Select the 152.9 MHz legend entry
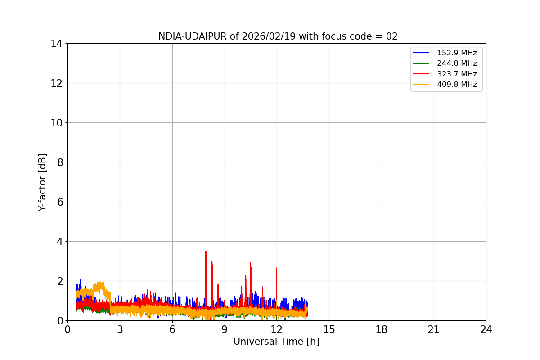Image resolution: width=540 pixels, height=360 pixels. tap(457, 53)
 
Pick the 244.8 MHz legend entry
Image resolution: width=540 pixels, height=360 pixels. tap(457, 63)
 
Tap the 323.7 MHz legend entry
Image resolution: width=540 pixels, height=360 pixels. tap(457, 74)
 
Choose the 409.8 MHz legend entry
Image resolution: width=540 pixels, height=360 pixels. tap(457, 84)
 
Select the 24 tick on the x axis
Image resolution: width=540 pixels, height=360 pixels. tap(486, 329)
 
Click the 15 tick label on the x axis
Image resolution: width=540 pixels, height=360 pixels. tap(329, 329)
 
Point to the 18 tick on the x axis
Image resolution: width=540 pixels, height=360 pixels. tap(382, 329)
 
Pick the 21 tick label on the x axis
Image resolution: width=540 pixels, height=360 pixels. tap(434, 329)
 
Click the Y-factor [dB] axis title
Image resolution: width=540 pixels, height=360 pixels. tap(42, 182)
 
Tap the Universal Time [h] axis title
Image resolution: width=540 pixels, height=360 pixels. tap(276, 342)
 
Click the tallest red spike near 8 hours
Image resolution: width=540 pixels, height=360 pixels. tap(206, 252)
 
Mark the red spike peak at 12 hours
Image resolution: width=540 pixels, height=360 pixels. tap(277, 268)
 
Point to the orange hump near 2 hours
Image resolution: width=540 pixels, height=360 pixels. tap(100, 283)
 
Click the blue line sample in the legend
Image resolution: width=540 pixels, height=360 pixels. tap(421, 53)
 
